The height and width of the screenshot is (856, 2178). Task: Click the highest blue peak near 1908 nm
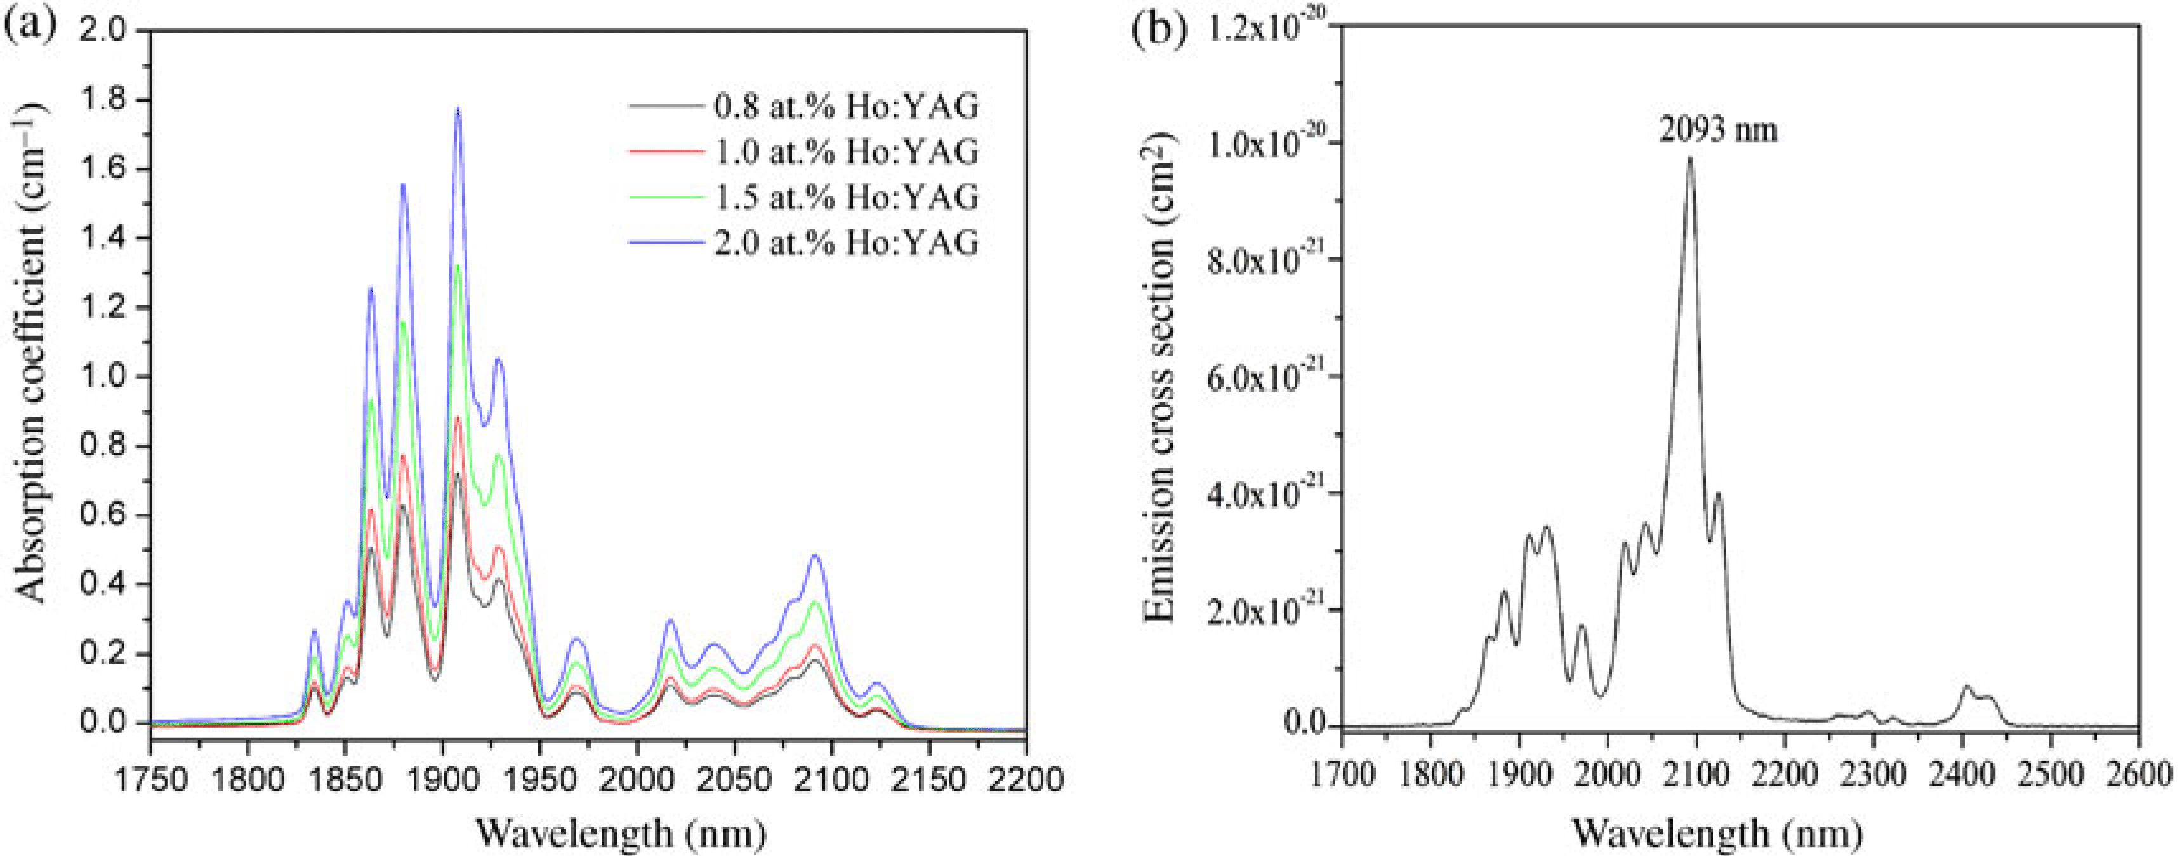click(x=458, y=108)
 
